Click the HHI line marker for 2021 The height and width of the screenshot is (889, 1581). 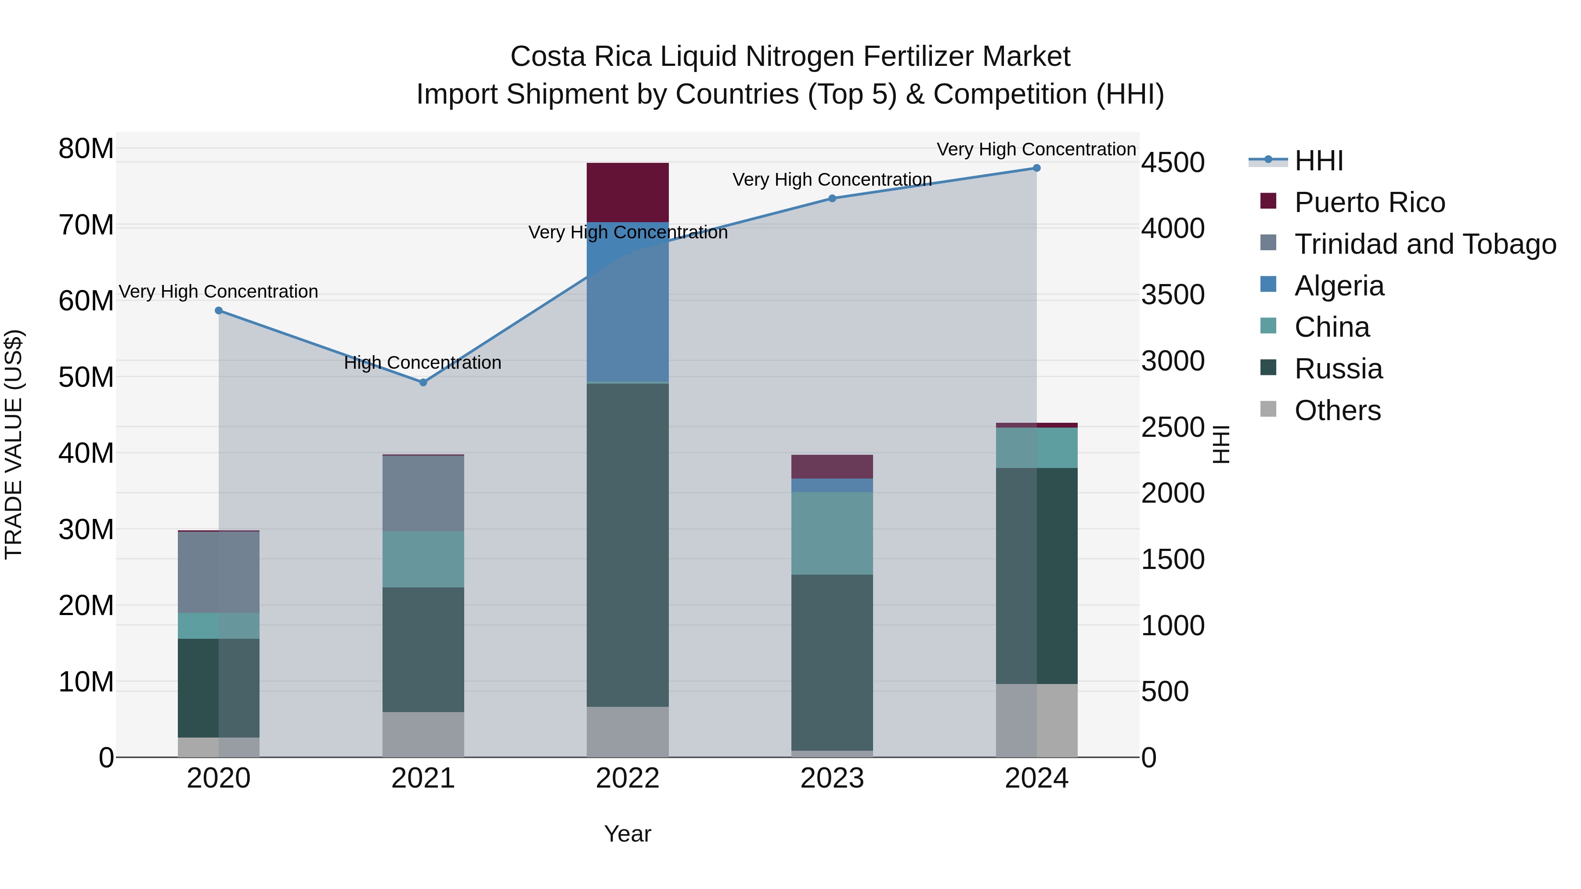pyautogui.click(x=423, y=382)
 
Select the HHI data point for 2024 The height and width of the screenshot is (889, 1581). pyautogui.click(x=1036, y=168)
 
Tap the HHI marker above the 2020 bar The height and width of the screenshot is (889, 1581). pyautogui.click(x=219, y=310)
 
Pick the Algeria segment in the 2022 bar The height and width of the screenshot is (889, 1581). pyautogui.click(x=627, y=301)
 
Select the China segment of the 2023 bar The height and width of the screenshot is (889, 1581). pyautogui.click(x=832, y=533)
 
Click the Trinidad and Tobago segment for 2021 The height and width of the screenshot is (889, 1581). pyautogui.click(x=423, y=493)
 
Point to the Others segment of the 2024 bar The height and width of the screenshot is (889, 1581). pyautogui.click(x=1036, y=720)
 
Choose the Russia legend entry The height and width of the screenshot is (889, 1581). pyautogui.click(x=1338, y=369)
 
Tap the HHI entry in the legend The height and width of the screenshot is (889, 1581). pyautogui.click(x=1318, y=161)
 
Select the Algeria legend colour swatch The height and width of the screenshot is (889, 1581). pyautogui.click(x=1268, y=284)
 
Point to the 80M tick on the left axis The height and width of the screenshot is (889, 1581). pyautogui.click(x=86, y=148)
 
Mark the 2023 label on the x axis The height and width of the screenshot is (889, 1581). pyautogui.click(x=832, y=778)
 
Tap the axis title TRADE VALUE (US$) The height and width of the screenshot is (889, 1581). pyautogui.click(x=14, y=444)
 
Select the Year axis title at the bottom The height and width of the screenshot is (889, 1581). pyautogui.click(x=627, y=834)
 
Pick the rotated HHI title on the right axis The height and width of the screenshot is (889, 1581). pyautogui.click(x=1221, y=444)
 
